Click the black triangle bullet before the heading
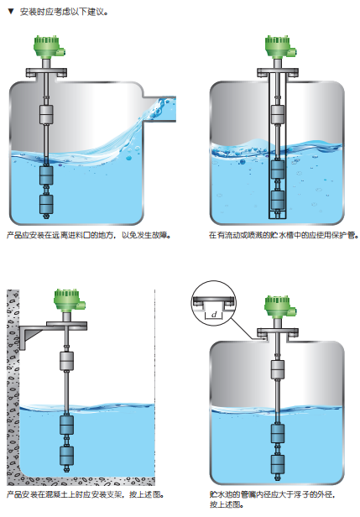(x=11, y=12)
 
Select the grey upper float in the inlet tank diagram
(x=46, y=114)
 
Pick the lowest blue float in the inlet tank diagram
(x=46, y=205)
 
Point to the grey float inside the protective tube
(x=278, y=114)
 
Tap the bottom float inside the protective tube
(x=278, y=200)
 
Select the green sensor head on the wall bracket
(x=69, y=300)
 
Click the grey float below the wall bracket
(x=66, y=361)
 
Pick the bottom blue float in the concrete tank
(x=66, y=456)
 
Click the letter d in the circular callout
(x=214, y=315)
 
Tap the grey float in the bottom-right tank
(x=278, y=369)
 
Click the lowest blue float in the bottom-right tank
(x=278, y=464)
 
